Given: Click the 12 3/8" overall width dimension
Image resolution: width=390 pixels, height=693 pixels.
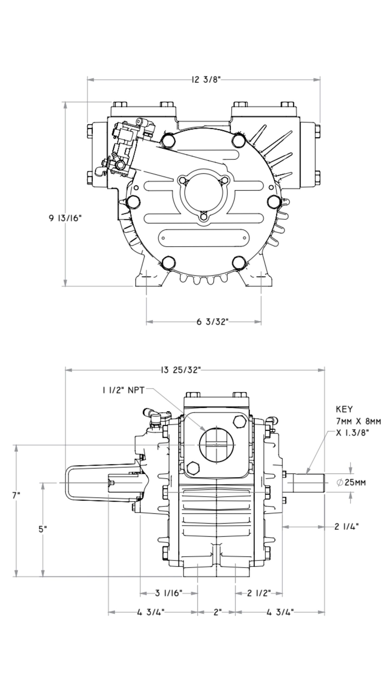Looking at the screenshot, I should point(206,80).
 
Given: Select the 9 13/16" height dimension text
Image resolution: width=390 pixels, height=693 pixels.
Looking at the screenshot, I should point(65,218).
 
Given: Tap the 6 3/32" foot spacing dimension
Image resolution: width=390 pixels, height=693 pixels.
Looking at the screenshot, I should point(213,322).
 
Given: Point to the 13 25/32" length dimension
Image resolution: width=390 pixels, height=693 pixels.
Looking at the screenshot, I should point(181,370).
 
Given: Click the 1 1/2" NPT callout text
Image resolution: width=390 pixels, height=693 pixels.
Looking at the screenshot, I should point(123,390).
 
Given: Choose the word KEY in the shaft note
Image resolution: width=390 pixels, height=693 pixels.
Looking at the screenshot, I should point(344,409).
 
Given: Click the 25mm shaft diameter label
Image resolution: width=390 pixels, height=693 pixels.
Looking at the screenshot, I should point(351,482).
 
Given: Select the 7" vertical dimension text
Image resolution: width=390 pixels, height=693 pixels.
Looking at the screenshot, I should point(16,496).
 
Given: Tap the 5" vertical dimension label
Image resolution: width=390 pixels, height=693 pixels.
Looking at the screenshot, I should point(43,529).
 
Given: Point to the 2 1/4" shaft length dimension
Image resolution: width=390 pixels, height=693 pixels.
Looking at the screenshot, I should point(347,527).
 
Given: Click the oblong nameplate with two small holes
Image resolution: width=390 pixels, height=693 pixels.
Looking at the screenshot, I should point(203,238).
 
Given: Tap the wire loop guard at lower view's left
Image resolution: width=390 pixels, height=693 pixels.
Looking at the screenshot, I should point(68,483).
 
